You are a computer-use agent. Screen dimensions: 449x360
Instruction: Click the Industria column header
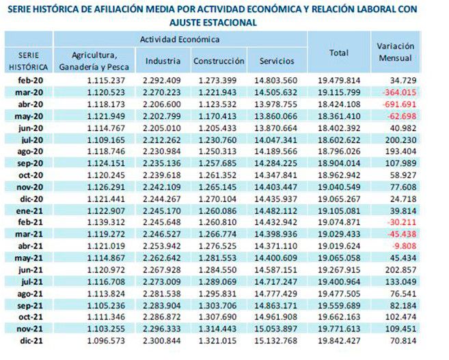click(x=163, y=61)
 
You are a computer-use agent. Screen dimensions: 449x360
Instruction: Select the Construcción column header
click(x=219, y=61)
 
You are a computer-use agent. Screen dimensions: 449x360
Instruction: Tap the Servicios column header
click(x=277, y=61)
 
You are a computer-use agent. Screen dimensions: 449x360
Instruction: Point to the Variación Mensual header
click(x=395, y=52)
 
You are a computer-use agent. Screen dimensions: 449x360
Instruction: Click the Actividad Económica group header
click(x=180, y=39)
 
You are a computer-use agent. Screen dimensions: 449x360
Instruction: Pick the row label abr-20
click(x=30, y=104)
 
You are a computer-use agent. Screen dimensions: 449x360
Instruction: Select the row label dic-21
click(x=31, y=341)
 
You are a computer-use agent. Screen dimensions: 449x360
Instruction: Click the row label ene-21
click(x=29, y=211)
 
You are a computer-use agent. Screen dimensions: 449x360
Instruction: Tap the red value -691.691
click(x=399, y=104)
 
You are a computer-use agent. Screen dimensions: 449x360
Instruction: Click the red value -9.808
click(x=405, y=246)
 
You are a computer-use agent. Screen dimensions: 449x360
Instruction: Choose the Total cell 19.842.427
click(x=339, y=341)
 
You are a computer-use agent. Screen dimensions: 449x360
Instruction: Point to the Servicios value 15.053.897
click(x=276, y=329)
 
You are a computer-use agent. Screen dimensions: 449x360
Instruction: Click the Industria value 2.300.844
click(x=162, y=341)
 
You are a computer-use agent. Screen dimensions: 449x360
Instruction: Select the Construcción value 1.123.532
click(x=217, y=104)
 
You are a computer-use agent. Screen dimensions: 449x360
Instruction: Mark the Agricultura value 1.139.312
click(x=106, y=223)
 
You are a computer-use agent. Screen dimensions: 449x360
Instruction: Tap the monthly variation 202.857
click(x=400, y=270)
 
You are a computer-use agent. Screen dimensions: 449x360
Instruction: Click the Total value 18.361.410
click(x=339, y=116)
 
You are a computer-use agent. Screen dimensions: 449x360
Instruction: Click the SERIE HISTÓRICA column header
click(x=28, y=61)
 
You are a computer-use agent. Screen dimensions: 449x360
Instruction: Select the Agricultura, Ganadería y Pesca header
click(x=94, y=61)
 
